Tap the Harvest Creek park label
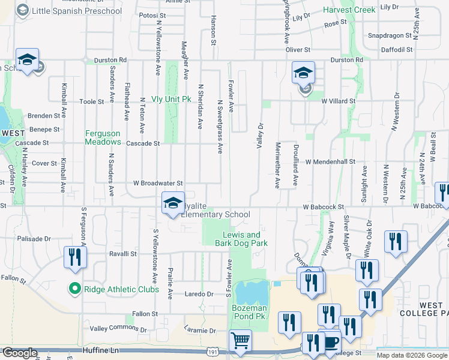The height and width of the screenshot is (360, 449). tap(349, 10)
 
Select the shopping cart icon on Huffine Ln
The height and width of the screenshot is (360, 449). tap(240, 341)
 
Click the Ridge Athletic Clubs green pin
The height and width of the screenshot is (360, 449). tap(75, 289)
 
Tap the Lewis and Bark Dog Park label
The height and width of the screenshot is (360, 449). tap(241, 239)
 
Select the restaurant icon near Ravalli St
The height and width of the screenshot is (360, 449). tap(76, 257)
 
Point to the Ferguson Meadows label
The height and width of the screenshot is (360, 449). tap(103, 137)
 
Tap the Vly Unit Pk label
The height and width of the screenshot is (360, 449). tap(171, 98)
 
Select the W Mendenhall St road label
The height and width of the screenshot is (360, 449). tap(330, 162)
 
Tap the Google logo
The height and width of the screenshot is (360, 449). tap(20, 353)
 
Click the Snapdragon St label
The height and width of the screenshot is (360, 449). tap(390, 35)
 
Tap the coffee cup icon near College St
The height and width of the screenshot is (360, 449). tap(330, 340)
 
